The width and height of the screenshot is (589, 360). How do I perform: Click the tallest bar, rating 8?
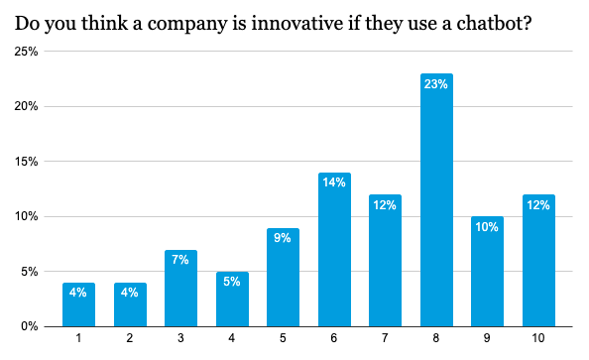tap(436, 199)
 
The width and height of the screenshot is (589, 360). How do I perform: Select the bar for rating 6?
tap(334, 249)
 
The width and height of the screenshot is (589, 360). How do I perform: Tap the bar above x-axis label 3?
tap(180, 288)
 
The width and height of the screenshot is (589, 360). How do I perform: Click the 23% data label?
tap(436, 84)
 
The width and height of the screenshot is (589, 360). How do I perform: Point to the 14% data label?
tap(334, 182)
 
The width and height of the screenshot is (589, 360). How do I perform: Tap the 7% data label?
tap(180, 260)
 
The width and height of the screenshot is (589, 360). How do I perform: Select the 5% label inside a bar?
tap(232, 282)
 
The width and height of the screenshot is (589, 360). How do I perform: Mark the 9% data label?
tap(283, 238)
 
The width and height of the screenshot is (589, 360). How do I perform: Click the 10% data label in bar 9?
tap(487, 226)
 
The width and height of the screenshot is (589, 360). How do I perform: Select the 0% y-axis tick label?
tap(29, 326)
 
